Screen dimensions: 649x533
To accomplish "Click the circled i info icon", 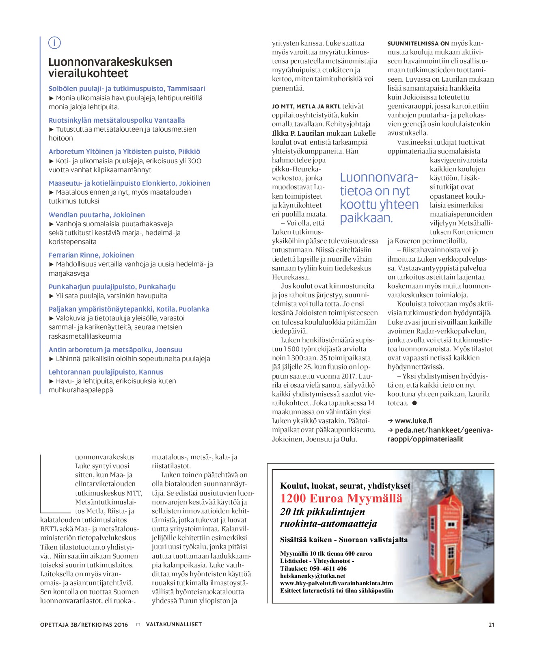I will tap(54, 43).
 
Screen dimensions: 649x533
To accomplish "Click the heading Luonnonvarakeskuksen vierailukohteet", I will tap(110, 67).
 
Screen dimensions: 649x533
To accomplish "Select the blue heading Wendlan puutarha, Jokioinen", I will tap(97, 215).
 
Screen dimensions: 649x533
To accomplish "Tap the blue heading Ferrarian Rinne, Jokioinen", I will tap(91, 255).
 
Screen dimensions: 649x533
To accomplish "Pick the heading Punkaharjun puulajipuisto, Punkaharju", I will tap(112, 287).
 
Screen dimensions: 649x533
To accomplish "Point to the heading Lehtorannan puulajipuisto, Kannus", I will tap(106, 372).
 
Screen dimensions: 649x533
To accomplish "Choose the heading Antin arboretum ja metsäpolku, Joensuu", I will tap(115, 350).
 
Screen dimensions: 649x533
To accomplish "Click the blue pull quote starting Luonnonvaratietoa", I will tap(379, 197).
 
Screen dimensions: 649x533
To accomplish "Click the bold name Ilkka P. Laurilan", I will tap(298, 133).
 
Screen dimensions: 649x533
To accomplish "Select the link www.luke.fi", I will tap(413, 421).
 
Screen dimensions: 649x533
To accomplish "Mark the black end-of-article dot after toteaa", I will tap(414, 403).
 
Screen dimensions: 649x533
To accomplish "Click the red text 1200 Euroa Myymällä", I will tap(341, 498).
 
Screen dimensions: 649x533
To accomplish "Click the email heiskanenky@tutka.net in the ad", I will tap(312, 576).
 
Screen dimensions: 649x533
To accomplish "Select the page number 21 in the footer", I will tap(491, 625).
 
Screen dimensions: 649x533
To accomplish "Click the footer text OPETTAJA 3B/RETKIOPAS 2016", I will tap(84, 625).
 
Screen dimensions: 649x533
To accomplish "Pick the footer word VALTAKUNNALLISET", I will tap(174, 624).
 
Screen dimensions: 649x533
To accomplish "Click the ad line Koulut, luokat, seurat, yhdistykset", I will tap(345, 486).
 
